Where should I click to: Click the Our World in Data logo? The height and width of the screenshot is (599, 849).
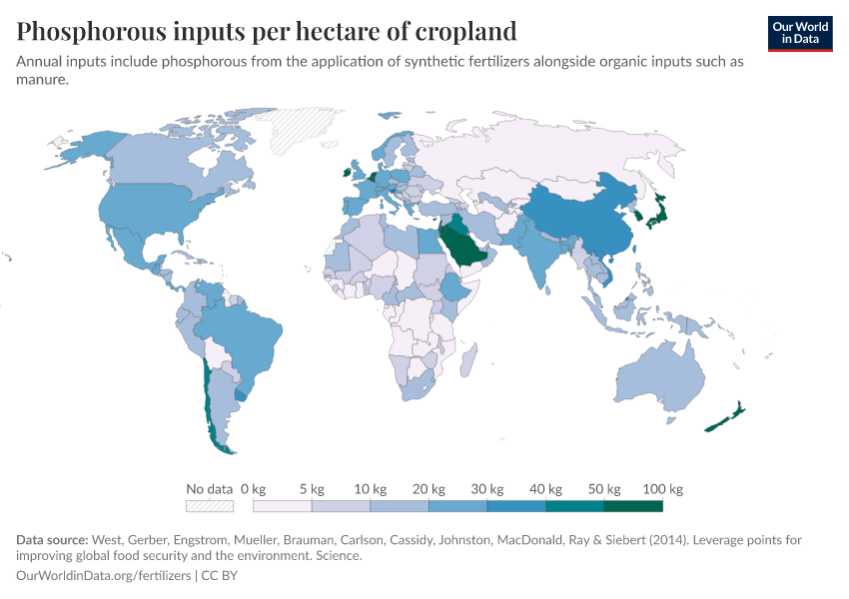point(799,33)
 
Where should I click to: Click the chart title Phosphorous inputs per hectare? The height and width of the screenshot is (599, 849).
point(267,31)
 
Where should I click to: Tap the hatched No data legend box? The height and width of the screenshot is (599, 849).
point(209,506)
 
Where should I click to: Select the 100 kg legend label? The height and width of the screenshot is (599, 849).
point(662,489)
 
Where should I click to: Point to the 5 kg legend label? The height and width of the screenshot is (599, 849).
point(312,489)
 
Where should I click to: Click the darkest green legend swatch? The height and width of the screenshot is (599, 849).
point(633,506)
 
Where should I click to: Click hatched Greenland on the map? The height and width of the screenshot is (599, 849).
point(305,130)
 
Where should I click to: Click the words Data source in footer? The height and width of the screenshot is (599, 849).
point(52,540)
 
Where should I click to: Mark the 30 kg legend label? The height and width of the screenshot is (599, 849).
point(486,489)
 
